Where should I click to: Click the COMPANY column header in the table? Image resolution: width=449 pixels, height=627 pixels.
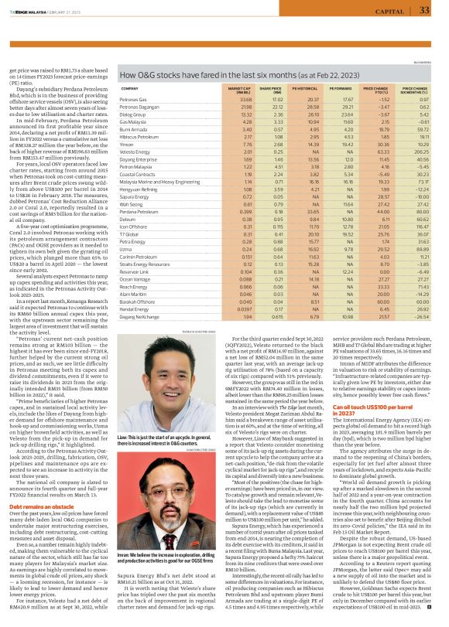tap(130, 90)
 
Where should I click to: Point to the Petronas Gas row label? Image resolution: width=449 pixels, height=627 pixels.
tap(135, 100)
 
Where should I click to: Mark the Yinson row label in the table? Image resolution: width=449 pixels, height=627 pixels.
tap(127, 144)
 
